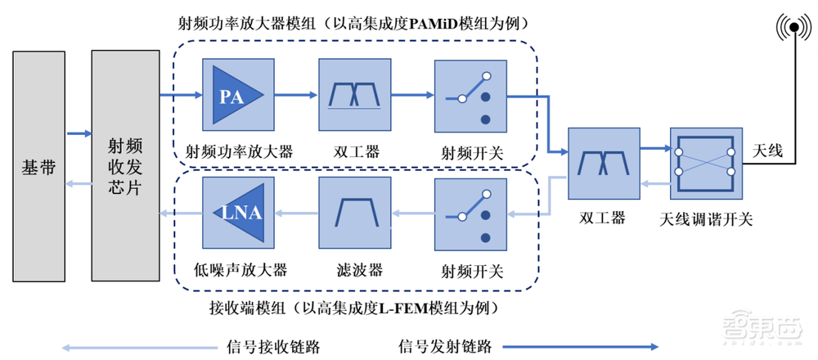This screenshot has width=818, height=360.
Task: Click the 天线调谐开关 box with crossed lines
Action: [705, 162]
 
